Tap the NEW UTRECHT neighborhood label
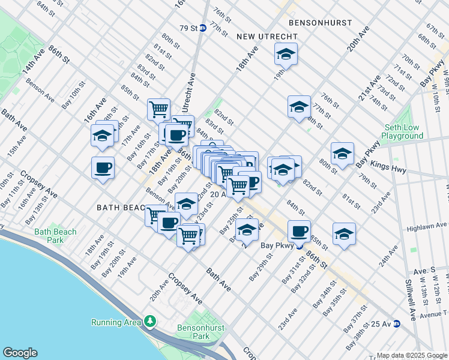tap(259, 37)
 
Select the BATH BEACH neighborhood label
tap(122, 208)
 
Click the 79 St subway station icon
tap(203, 28)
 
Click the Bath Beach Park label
tap(55, 236)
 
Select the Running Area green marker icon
tap(149, 322)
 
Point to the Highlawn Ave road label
tap(427, 227)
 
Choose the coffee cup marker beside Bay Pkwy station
tap(299, 230)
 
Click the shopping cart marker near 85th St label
tap(158, 109)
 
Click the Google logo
tap(20, 353)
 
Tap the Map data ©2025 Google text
tap(412, 355)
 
